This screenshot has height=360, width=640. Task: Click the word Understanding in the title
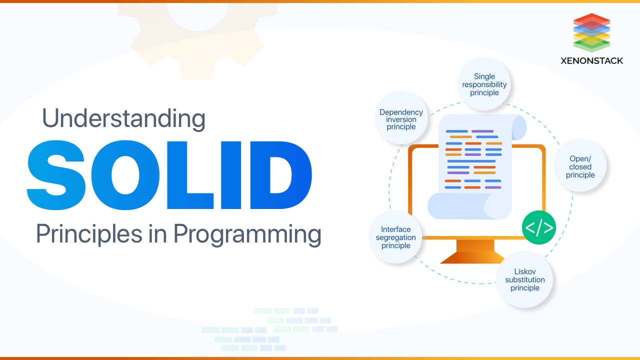point(123,119)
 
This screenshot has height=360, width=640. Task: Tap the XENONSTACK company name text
point(591,60)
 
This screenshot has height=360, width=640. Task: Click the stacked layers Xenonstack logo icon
point(591,32)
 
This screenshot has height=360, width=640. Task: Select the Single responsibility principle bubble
point(484,84)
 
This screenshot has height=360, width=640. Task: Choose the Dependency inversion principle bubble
point(401,119)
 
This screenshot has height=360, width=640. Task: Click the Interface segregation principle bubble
point(395,237)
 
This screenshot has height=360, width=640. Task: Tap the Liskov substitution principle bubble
point(524,280)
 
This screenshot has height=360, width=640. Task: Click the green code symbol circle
point(538,227)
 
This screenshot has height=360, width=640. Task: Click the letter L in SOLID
point(184,175)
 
